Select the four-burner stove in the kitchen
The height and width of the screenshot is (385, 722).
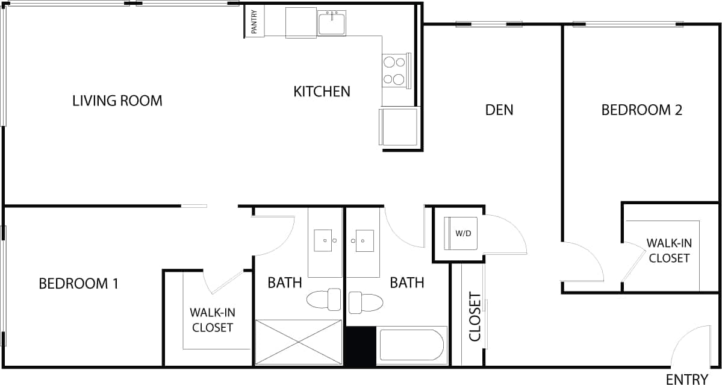pyautogui.click(x=394, y=70)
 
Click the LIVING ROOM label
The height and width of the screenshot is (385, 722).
pyautogui.click(x=117, y=101)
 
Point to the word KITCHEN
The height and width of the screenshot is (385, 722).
pyautogui.click(x=322, y=92)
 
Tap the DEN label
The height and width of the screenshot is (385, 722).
pyautogui.click(x=499, y=110)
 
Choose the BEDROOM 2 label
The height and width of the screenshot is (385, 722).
pyautogui.click(x=642, y=110)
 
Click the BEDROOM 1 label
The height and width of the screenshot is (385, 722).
pyautogui.click(x=78, y=283)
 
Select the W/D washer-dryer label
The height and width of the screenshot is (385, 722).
pyautogui.click(x=463, y=233)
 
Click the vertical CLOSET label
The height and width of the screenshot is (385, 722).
pyautogui.click(x=475, y=317)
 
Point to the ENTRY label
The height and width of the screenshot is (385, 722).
pyautogui.click(x=687, y=379)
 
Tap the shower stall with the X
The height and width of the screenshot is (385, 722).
pyautogui.click(x=299, y=342)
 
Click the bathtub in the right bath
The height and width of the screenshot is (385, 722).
pyautogui.click(x=411, y=346)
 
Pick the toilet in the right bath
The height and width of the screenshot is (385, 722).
pyautogui.click(x=366, y=301)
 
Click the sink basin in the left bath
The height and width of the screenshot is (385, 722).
pyautogui.click(x=326, y=240)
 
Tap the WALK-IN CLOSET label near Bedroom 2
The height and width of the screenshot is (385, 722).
pyautogui.click(x=668, y=251)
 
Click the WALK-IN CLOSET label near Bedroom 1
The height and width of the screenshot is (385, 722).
pyautogui.click(x=211, y=320)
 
